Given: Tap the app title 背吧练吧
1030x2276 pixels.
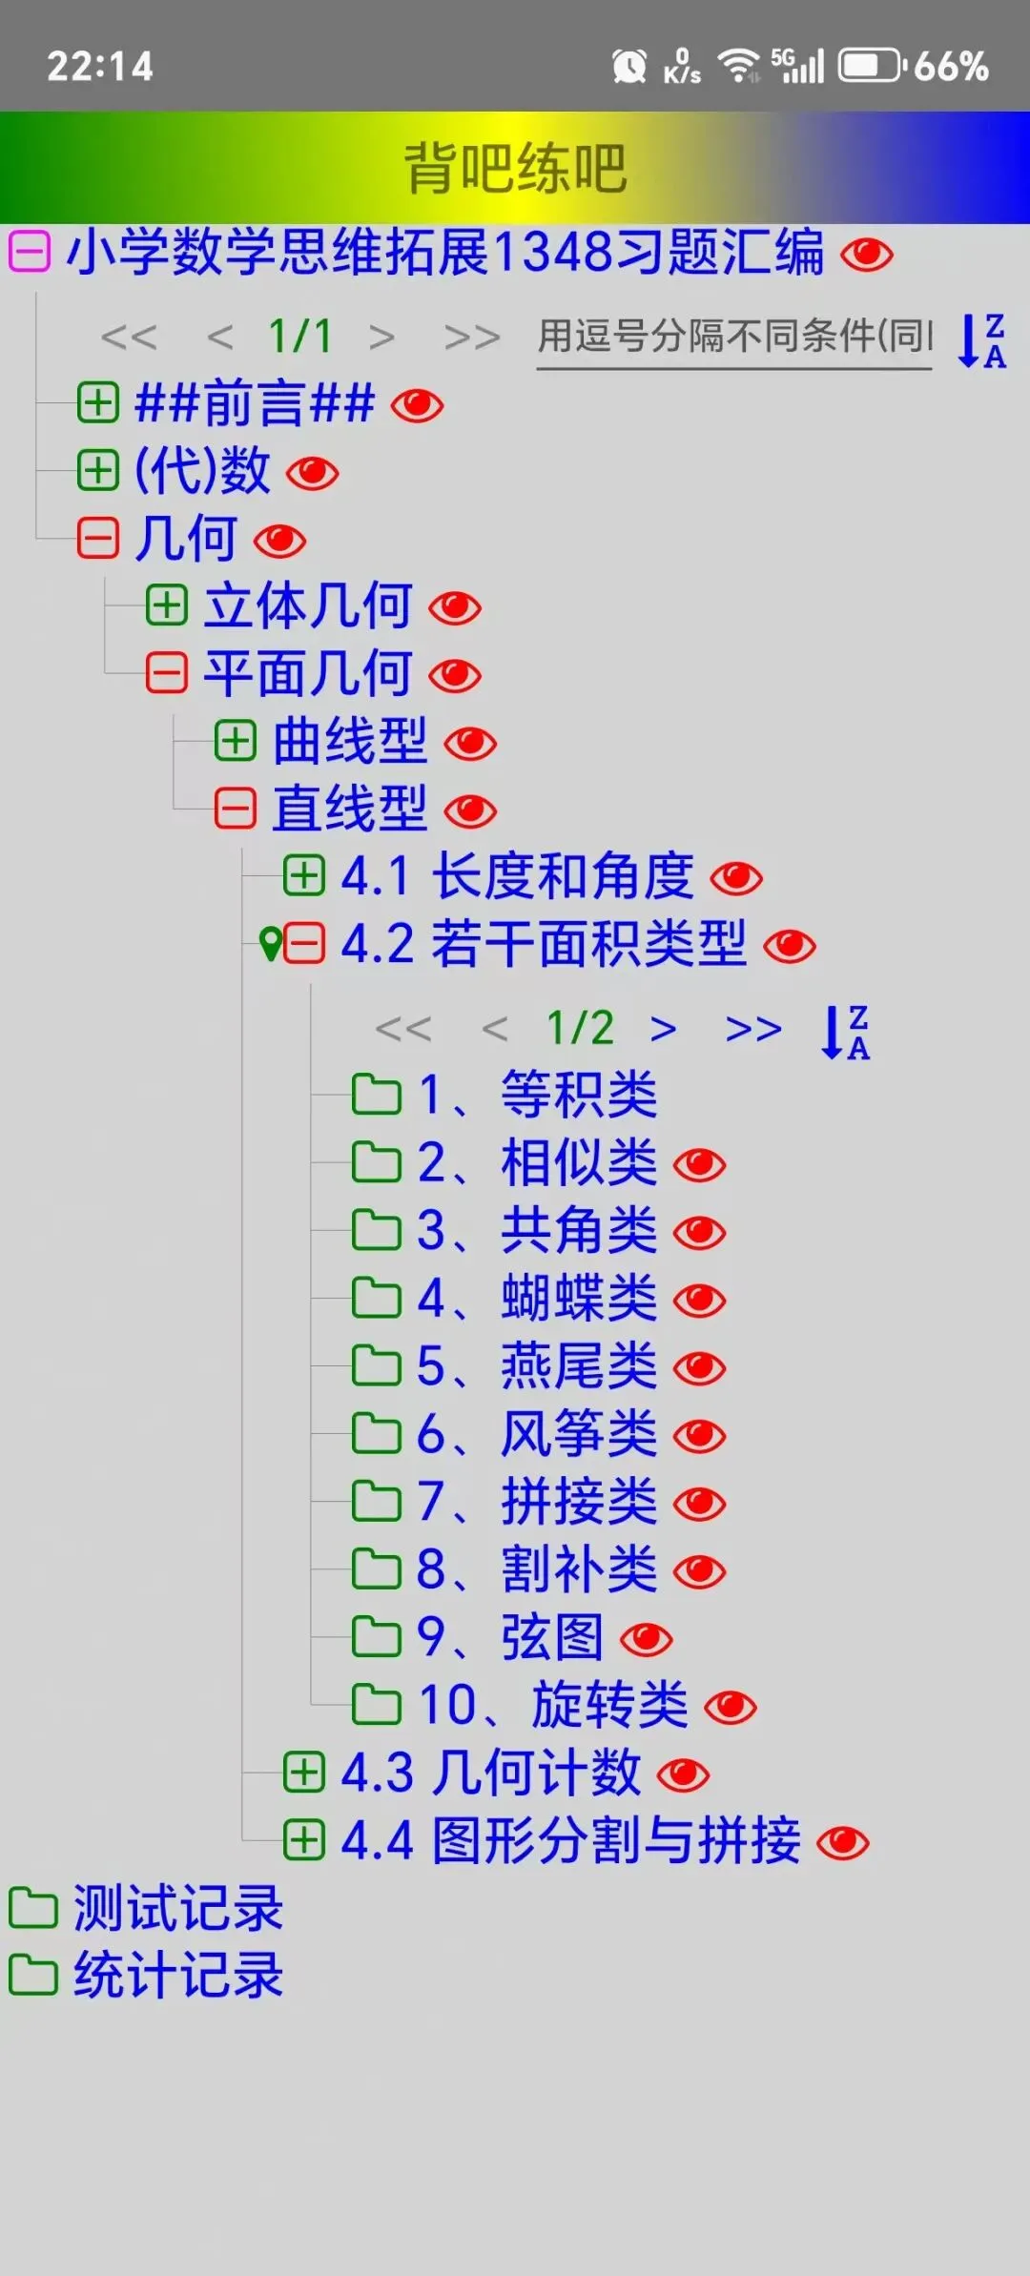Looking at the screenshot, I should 515,168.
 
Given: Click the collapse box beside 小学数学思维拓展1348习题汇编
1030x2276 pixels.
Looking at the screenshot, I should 30,253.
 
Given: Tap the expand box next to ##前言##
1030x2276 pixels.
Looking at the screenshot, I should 98,403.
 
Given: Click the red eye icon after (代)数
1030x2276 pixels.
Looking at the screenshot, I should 313,473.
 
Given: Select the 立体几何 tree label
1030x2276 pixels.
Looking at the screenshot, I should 307,606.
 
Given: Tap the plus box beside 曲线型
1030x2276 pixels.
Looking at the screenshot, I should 235,742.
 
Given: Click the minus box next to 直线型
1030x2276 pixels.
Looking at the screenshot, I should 235,810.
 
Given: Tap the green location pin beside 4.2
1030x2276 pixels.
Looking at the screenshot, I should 270,944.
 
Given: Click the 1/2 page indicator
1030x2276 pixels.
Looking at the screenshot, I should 580,1028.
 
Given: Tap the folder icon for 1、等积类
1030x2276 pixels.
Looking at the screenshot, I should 376,1095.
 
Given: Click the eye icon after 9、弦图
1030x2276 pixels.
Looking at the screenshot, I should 647,1639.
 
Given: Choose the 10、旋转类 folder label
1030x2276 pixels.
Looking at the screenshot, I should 553,1706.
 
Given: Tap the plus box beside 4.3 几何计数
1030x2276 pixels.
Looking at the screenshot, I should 304,1773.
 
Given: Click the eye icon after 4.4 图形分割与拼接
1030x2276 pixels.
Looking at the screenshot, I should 843,1842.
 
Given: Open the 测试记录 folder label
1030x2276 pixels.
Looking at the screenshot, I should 178,1908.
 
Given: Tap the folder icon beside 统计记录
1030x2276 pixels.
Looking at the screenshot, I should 33,1975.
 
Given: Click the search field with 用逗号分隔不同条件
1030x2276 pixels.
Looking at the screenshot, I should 733,338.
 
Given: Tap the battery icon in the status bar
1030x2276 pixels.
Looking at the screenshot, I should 869,67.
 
